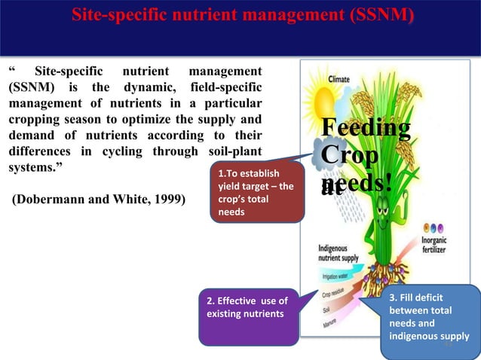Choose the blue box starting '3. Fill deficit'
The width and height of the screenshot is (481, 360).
tap(427, 322)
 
